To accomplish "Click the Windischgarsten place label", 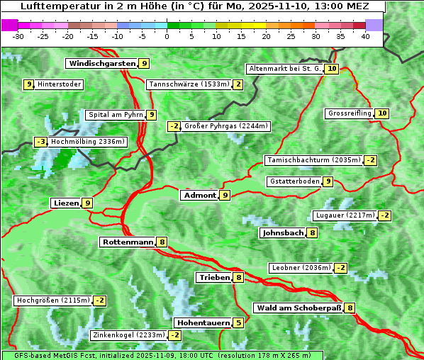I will tap(101, 64).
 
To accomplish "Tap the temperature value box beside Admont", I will tap(225, 195).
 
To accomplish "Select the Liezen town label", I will tap(66, 203).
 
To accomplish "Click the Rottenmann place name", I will tap(128, 242).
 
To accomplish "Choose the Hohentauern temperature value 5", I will tap(238, 323).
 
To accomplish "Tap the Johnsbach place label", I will tap(283, 232).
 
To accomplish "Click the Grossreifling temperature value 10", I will tap(382, 113).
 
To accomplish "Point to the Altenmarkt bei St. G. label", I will tap(284, 69).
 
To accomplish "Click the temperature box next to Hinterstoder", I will tap(29, 85).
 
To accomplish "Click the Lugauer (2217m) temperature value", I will tap(384, 215).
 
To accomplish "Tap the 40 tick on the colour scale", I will tap(365, 36).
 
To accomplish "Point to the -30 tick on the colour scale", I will tap(18, 36).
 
